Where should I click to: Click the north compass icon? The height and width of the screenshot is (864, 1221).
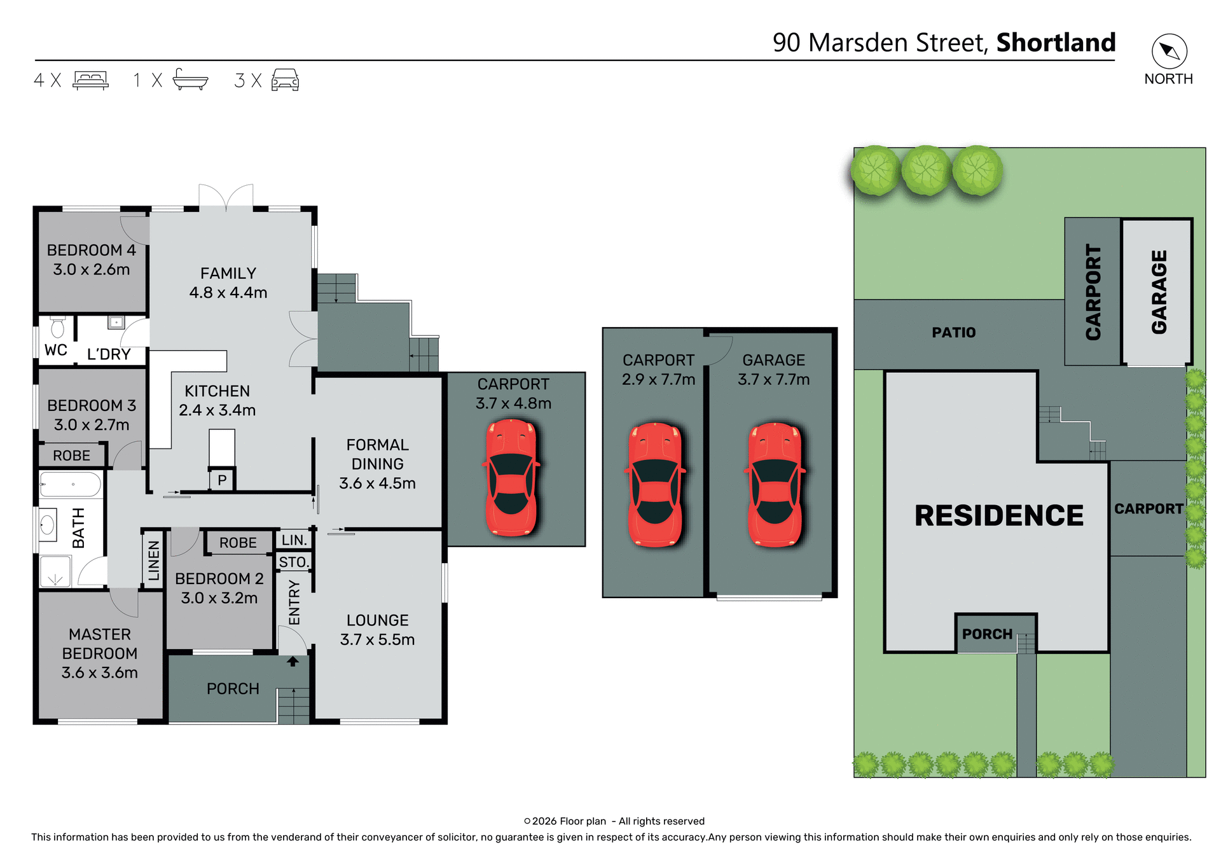point(1169,52)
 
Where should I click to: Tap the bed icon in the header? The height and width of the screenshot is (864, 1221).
point(90,80)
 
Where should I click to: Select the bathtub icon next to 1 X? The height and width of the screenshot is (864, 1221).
point(190,80)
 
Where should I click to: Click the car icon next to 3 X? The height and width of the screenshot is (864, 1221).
point(285,80)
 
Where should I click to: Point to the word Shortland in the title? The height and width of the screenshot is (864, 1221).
point(1056,43)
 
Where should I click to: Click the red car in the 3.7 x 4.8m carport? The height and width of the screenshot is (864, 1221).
point(511,477)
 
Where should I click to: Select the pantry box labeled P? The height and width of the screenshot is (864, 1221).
point(222,480)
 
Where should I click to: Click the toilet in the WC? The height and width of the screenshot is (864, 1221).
point(57,328)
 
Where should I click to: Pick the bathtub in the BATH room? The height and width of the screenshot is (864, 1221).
point(71,485)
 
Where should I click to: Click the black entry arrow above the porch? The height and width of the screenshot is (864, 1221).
point(293,662)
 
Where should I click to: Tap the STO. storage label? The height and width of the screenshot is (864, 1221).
point(294,562)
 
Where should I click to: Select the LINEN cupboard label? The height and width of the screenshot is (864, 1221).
point(154,561)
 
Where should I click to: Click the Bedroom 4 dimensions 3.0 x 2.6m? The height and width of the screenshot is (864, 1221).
point(92,270)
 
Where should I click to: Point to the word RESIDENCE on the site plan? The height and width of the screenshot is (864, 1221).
point(998,515)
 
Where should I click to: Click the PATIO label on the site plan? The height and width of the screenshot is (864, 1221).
point(953,333)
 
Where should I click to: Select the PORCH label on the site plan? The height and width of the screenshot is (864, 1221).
point(987,634)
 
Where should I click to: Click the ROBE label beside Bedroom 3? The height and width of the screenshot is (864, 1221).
point(71,456)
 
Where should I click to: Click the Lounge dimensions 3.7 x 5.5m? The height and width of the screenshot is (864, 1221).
point(377,639)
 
